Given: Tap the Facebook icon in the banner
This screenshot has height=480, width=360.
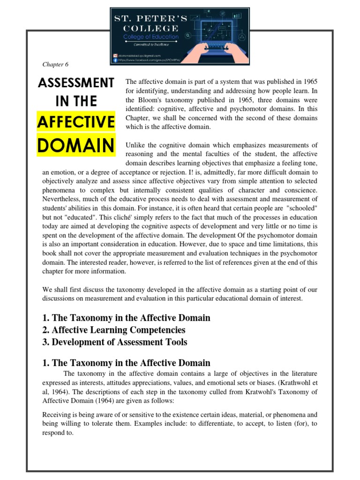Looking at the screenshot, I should click(x=115, y=60).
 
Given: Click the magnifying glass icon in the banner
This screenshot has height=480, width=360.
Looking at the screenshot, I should click(x=187, y=35).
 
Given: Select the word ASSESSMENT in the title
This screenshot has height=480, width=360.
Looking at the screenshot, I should click(x=76, y=83).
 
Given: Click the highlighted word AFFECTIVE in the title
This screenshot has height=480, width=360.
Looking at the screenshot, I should click(x=76, y=122).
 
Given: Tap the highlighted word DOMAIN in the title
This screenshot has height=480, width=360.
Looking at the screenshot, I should click(x=76, y=145).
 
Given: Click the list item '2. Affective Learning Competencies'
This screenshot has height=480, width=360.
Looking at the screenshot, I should click(x=114, y=330).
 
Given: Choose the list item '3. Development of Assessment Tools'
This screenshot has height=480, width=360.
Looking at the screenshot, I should click(x=115, y=342).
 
